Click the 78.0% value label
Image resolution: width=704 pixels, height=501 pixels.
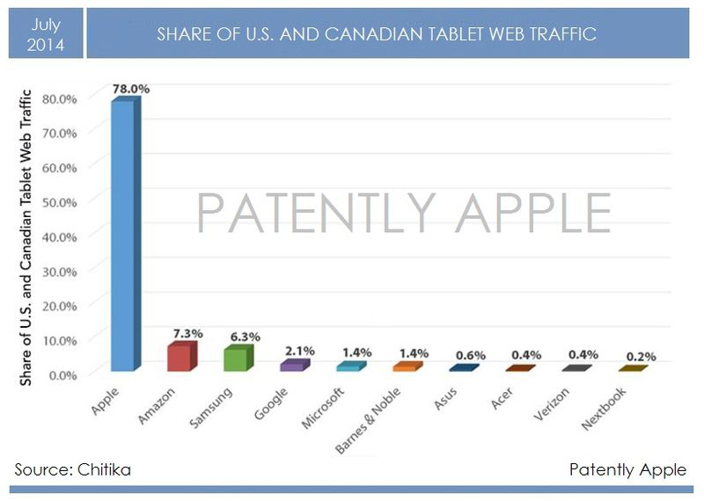click(x=129, y=90)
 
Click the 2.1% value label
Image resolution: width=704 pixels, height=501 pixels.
click(x=299, y=351)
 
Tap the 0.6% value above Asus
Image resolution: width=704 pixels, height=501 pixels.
click(x=469, y=355)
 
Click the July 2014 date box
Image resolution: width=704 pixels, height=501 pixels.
click(x=45, y=34)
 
